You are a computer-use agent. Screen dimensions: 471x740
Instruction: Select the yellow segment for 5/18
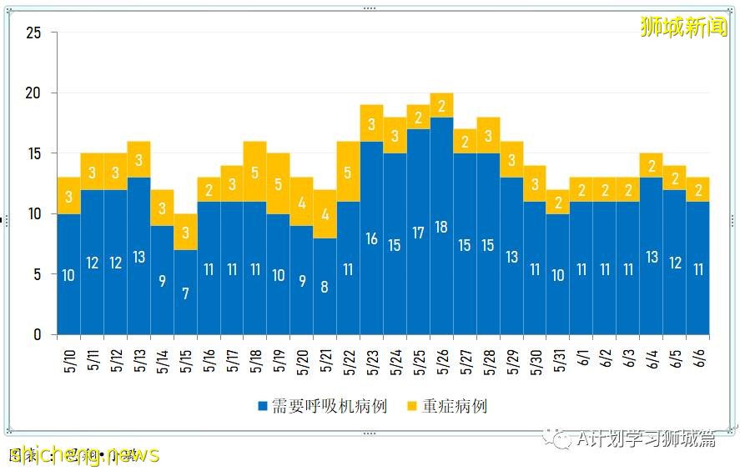click(x=255, y=172)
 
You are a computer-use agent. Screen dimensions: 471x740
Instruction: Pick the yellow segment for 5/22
click(x=349, y=172)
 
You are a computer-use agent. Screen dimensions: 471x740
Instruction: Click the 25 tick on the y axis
click(x=34, y=33)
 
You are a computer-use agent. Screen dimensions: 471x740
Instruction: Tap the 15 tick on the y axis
click(x=34, y=154)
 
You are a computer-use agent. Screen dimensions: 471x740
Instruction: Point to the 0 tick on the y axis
click(x=38, y=335)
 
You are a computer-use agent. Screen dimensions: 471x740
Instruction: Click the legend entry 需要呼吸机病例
click(x=321, y=406)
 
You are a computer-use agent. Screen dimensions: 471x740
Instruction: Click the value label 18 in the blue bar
click(x=442, y=228)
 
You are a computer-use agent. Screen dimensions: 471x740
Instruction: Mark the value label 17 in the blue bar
click(x=419, y=233)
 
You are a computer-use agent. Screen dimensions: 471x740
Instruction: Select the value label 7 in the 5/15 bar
click(x=185, y=293)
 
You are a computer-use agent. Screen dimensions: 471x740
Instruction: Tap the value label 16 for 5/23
click(x=372, y=239)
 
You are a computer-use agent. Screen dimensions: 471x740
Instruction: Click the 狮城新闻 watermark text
click(x=683, y=27)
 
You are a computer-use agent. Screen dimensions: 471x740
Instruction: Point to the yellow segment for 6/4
click(x=652, y=166)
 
